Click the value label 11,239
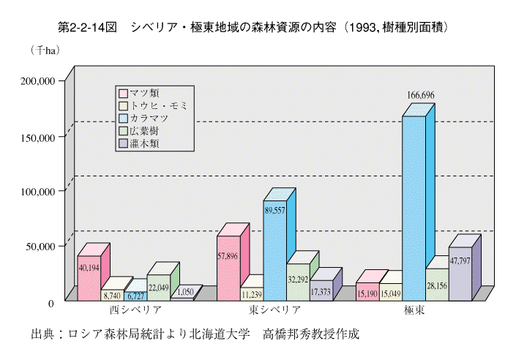point(251,293)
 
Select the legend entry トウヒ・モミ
point(154,105)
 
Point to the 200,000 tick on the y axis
point(36,81)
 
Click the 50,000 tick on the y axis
point(39,247)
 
